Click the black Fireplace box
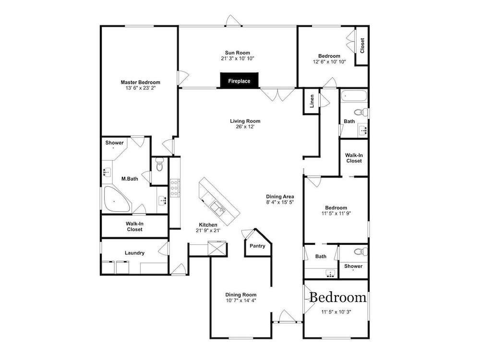(x=239, y=81)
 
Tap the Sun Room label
(x=238, y=53)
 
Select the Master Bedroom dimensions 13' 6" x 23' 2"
(x=141, y=88)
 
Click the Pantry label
(x=257, y=246)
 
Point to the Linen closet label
(x=312, y=101)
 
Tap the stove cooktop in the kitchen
(x=175, y=188)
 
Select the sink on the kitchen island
(x=218, y=208)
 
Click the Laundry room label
(x=134, y=253)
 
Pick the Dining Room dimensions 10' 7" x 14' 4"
(x=241, y=300)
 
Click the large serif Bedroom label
(x=337, y=298)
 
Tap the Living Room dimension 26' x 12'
(x=245, y=127)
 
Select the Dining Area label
(x=280, y=196)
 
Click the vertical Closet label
(x=362, y=45)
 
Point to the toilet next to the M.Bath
(x=159, y=164)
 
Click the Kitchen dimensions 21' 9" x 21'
(x=208, y=230)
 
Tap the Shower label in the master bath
(x=115, y=143)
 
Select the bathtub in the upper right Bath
(x=354, y=96)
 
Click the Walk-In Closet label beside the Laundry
(x=135, y=227)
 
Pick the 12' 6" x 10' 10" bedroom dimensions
(x=329, y=62)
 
